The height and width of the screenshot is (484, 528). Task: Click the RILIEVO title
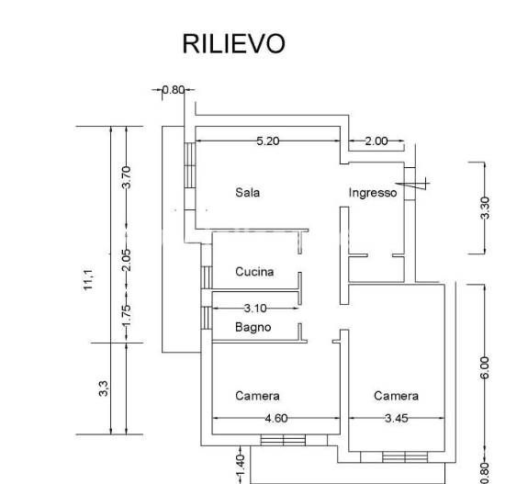click(233, 44)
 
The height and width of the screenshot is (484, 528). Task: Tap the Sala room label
click(248, 193)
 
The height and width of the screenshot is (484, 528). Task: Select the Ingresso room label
click(373, 193)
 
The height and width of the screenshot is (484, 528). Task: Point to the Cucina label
click(254, 272)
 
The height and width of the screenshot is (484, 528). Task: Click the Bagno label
click(253, 327)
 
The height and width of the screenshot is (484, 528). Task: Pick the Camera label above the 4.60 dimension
click(257, 396)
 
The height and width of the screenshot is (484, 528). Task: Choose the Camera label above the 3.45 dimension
click(396, 396)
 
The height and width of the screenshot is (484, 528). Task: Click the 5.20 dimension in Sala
click(268, 141)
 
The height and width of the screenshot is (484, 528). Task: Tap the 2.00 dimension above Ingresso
click(376, 141)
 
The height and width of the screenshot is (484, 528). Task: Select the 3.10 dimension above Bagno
click(255, 309)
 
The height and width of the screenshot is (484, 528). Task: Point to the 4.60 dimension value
click(276, 418)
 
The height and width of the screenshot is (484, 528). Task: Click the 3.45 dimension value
click(397, 418)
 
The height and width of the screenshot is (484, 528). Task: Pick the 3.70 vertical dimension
click(127, 177)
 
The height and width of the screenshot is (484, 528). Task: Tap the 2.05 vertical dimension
click(127, 260)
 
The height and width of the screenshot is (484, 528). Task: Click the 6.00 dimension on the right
click(485, 367)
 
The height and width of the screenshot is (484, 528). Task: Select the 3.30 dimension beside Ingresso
click(485, 208)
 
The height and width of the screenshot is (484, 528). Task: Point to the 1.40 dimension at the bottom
click(240, 467)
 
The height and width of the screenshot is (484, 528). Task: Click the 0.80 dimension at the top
click(174, 90)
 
